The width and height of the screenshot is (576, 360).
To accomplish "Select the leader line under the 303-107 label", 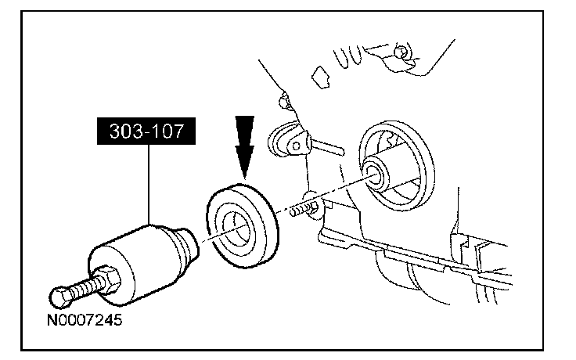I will [149, 184].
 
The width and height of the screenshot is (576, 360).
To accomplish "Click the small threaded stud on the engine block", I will [302, 210].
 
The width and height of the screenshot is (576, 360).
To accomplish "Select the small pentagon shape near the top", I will [319, 76].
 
